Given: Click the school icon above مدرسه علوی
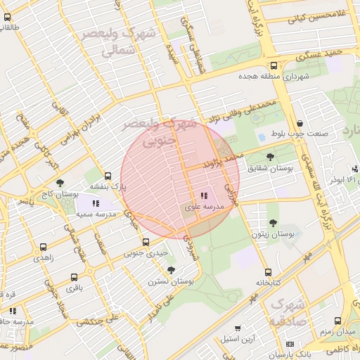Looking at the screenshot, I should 203,196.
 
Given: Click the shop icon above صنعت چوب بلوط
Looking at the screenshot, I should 300,124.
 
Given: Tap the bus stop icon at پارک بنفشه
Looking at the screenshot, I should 108,176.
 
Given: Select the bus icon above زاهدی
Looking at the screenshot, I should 44,247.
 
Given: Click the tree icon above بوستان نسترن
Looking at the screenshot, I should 171,270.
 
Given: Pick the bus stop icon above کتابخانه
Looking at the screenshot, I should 267,272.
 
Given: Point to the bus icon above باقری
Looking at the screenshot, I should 74,276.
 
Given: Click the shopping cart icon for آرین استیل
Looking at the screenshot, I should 238,328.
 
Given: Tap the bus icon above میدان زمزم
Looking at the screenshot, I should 338,320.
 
